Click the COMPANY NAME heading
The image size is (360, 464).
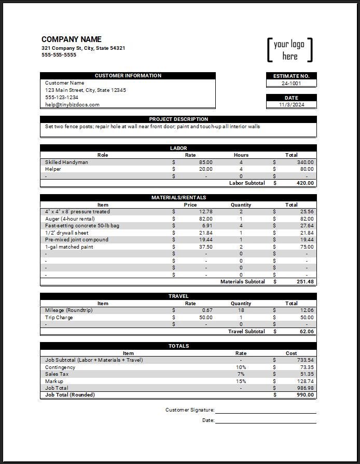click(x=72, y=39)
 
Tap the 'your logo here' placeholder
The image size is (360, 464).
click(x=289, y=50)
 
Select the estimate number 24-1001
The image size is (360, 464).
click(x=291, y=83)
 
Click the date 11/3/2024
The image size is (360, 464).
click(x=291, y=105)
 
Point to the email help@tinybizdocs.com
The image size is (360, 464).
click(x=72, y=105)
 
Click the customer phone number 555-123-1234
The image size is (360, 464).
click(x=62, y=98)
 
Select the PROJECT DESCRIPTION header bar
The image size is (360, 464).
click(x=178, y=119)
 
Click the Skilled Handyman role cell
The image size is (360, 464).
click(x=66, y=162)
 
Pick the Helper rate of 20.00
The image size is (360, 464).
click(x=205, y=169)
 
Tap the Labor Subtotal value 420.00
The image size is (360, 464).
click(x=304, y=183)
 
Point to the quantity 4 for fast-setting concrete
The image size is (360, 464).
click(x=241, y=226)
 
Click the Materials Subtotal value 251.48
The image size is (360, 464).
click(x=304, y=282)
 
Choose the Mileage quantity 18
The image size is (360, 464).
click(x=241, y=310)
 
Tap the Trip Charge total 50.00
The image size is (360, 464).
click(x=307, y=318)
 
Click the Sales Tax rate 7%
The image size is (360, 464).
click(x=241, y=374)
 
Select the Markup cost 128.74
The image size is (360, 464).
click(x=306, y=381)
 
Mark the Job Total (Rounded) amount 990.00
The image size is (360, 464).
click(x=304, y=395)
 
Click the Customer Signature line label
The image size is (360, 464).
click(x=189, y=410)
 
